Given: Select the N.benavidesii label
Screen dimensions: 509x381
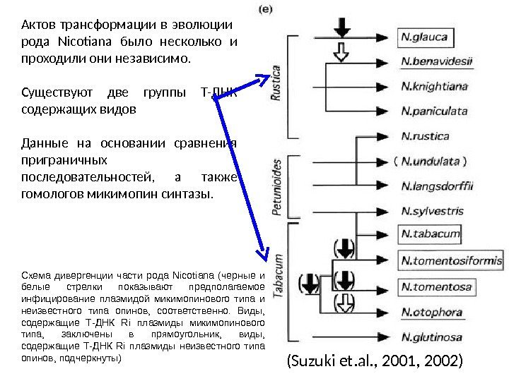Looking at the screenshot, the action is pyautogui.click(x=436, y=61).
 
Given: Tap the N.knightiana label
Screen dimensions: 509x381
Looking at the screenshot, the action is pyautogui.click(x=434, y=86).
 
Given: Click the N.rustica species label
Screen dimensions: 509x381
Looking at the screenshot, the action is pyautogui.click(x=426, y=135).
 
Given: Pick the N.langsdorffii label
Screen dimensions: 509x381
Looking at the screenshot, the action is pyautogui.click(x=437, y=186).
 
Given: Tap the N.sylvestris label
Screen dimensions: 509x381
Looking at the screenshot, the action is pyautogui.click(x=432, y=210).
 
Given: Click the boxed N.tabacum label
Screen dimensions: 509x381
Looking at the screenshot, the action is pyautogui.click(x=430, y=234).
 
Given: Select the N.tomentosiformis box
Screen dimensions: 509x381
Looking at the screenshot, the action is pyautogui.click(x=451, y=260).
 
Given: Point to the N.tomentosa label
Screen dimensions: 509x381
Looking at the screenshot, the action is pyautogui.click(x=435, y=286).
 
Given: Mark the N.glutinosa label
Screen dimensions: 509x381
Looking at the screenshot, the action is pyautogui.click(x=431, y=337).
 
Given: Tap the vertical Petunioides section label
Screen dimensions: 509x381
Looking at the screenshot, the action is pyautogui.click(x=277, y=186).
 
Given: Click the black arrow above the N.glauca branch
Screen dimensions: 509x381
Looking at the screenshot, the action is pyautogui.click(x=343, y=27).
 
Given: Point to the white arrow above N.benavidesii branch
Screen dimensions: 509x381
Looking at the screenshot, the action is pyautogui.click(x=343, y=52).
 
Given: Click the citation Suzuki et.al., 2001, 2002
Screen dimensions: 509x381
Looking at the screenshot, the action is pyautogui.click(x=374, y=362).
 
